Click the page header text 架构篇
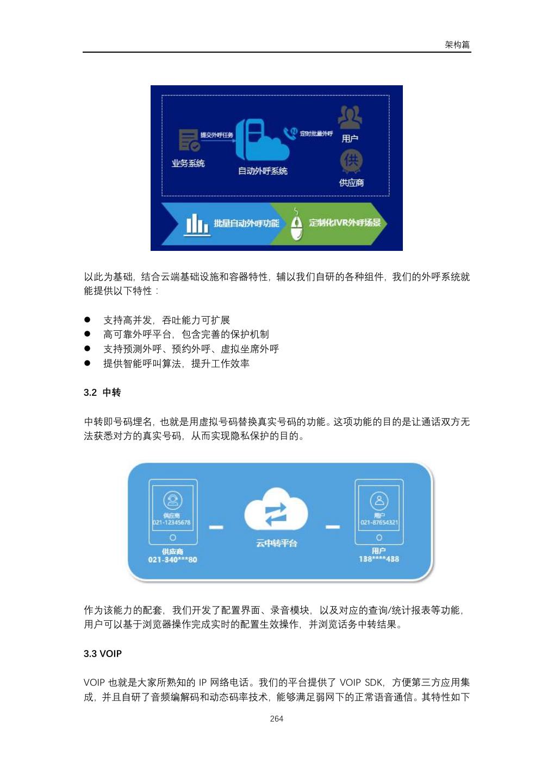click(457, 45)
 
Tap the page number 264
click(276, 718)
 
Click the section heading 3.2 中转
click(102, 392)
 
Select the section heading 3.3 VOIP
click(103, 653)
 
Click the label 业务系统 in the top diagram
click(188, 163)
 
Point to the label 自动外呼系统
click(263, 171)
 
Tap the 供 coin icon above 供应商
click(351, 160)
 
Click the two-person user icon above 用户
click(350, 117)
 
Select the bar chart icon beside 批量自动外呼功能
click(197, 223)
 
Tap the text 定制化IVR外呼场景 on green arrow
click(345, 223)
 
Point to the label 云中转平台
click(276, 543)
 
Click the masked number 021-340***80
click(172, 560)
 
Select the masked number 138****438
click(379, 559)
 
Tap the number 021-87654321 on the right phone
click(379, 522)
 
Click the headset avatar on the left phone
click(172, 500)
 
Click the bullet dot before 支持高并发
click(87, 320)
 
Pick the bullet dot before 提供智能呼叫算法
click(87, 363)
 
